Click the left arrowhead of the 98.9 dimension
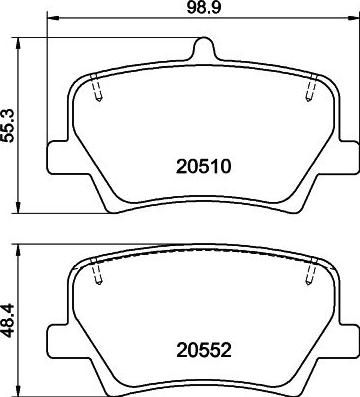click(52, 20)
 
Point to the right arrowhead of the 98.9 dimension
click(351, 20)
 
